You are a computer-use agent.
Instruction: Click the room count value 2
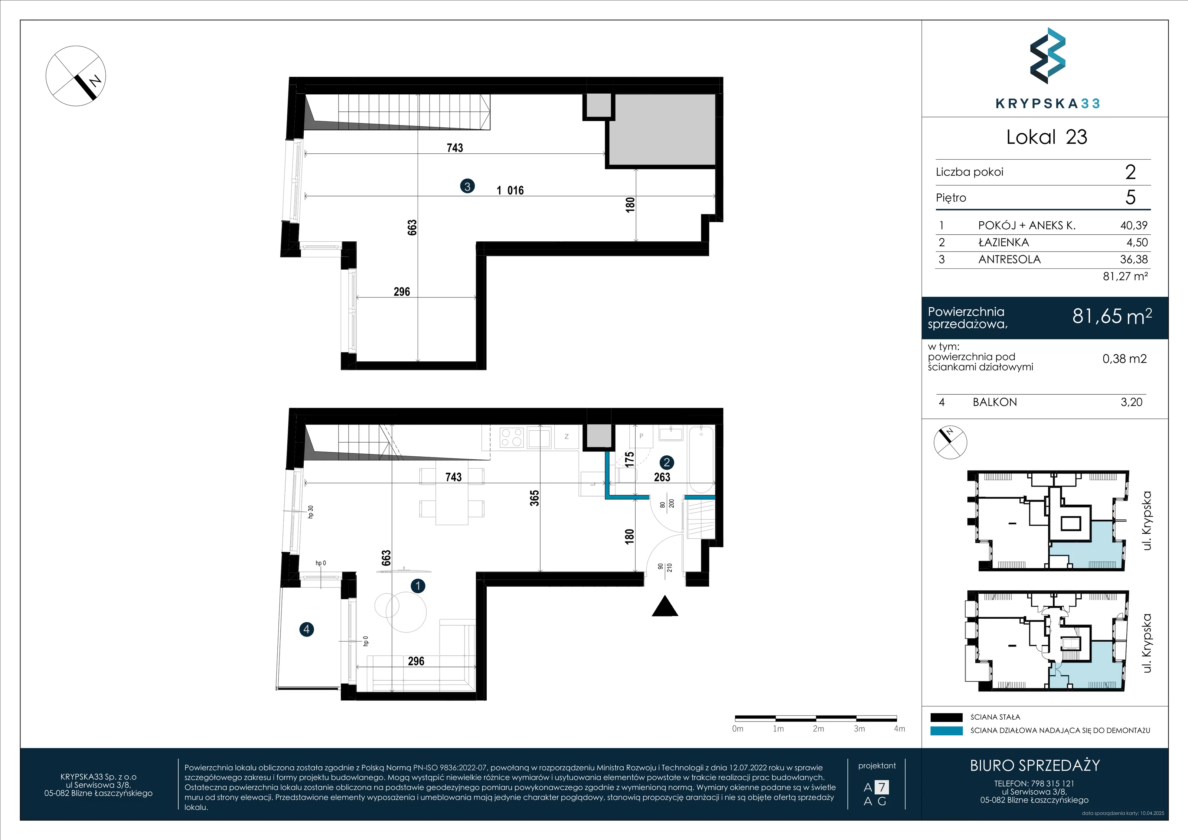(1130, 172)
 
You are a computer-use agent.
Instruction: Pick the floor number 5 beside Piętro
(1130, 197)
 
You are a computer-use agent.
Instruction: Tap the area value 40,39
(1134, 225)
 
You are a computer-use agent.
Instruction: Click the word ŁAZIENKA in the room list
(1003, 242)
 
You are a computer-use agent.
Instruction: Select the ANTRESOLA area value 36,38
(1134, 259)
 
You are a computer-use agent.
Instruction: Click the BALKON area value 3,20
(1131, 402)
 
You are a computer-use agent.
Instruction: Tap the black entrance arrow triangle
(665, 606)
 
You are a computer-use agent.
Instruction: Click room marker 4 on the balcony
(307, 629)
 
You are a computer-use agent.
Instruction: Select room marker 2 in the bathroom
(666, 463)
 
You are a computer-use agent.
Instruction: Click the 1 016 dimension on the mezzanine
(510, 191)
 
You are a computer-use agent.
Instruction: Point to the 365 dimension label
(535, 498)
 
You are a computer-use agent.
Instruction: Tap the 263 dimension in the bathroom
(662, 477)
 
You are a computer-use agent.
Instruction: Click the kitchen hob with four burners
(512, 437)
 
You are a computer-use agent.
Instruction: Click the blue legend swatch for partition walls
(946, 731)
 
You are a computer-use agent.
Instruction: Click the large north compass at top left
(76, 76)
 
